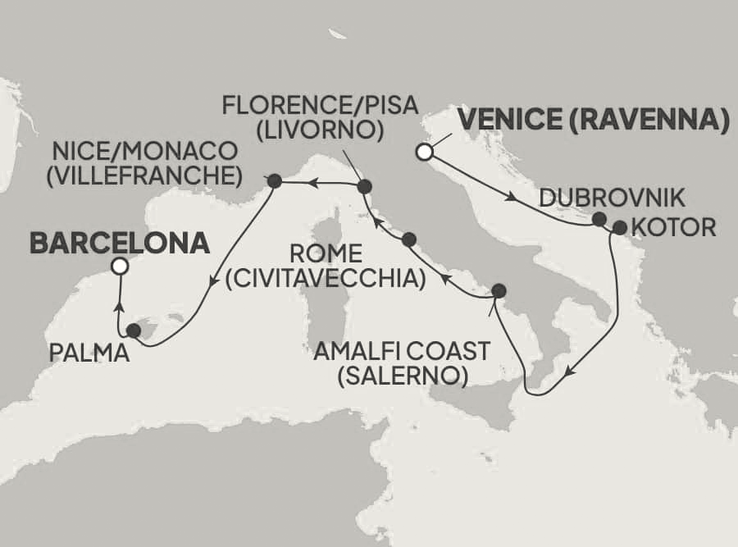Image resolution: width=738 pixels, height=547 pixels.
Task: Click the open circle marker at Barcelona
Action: pos(120,266)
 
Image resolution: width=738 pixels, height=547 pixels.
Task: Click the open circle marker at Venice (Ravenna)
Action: pos(424,152)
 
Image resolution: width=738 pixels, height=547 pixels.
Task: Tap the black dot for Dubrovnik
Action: pos(599,219)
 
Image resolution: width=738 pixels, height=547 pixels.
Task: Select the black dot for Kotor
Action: pos(619,227)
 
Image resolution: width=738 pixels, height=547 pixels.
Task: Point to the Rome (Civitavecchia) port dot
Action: pos(409,239)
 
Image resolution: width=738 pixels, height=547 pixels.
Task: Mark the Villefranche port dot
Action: pos(274,180)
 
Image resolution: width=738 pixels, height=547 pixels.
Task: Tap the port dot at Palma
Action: pos(134,331)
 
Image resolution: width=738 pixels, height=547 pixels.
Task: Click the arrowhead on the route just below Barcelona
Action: pos(119,306)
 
